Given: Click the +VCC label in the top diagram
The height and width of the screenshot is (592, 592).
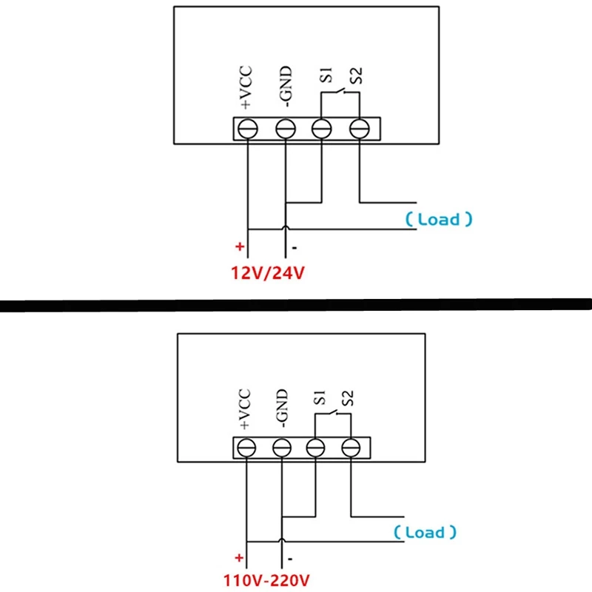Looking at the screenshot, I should (247, 88).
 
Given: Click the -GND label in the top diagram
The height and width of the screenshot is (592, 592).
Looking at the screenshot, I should (286, 88).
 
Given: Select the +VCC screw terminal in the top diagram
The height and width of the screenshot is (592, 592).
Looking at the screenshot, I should (246, 128).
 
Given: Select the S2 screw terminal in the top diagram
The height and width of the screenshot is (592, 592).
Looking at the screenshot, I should (359, 128).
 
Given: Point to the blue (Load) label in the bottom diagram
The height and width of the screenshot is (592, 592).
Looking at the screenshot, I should (425, 532).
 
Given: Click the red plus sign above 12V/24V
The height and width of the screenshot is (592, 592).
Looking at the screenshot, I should (239, 246).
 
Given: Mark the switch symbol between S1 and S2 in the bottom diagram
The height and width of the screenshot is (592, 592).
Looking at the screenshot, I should (334, 414).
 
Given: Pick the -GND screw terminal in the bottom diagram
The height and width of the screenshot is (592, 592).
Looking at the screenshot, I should (281, 447).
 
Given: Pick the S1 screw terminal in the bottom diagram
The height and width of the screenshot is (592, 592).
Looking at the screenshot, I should (316, 447).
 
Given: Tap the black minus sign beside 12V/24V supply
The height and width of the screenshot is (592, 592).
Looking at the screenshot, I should (294, 248).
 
